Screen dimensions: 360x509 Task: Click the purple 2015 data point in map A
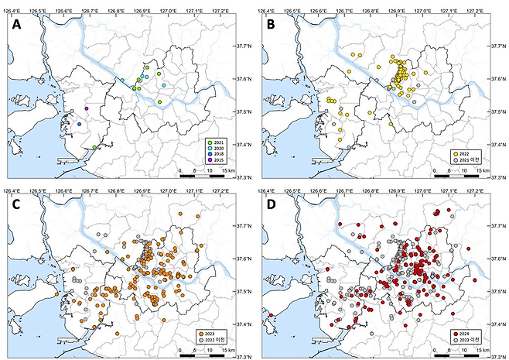click(87, 108)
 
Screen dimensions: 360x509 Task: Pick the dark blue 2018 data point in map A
click(79, 125)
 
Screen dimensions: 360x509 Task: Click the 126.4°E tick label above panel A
click(12, 11)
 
